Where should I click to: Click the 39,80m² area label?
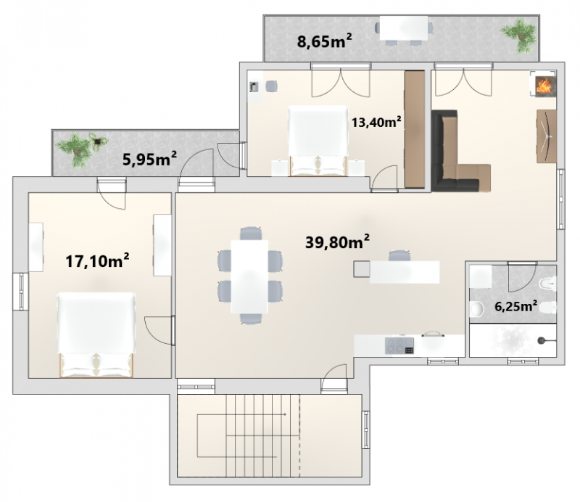click(x=337, y=242)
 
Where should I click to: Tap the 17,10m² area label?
click(x=97, y=260)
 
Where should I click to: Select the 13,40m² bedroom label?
click(x=376, y=122)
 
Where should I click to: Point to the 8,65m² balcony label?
click(x=324, y=41)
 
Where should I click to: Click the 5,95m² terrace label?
click(x=149, y=160)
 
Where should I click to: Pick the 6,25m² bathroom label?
click(x=515, y=307)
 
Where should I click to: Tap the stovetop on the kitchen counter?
click(x=399, y=346)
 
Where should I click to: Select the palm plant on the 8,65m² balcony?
click(x=520, y=35)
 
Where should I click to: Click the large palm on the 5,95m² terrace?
click(x=77, y=149)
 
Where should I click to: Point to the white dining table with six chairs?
click(x=249, y=276)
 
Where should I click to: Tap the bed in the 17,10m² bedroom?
click(x=96, y=334)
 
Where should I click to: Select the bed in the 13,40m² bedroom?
click(x=318, y=141)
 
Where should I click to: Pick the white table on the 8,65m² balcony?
click(x=404, y=28)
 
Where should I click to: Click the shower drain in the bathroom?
click(x=542, y=340)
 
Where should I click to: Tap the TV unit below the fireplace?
click(x=547, y=136)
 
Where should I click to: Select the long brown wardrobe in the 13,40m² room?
click(x=414, y=129)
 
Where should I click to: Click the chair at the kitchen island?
click(x=399, y=256)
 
